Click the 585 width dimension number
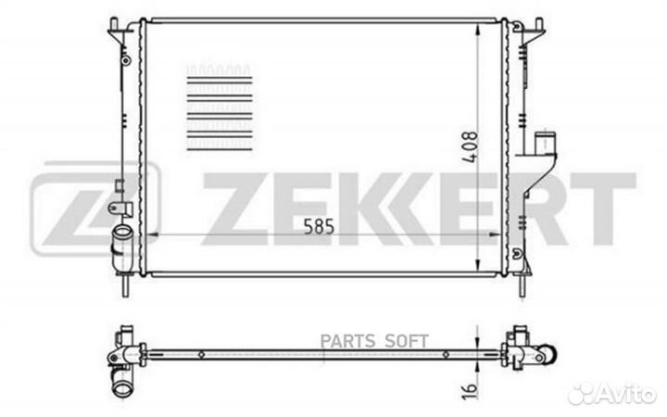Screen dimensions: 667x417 click(319, 226)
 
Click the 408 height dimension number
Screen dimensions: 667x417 click(471, 146)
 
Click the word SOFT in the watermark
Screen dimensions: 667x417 click(407, 341)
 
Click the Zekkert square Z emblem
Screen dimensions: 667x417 click(95, 208)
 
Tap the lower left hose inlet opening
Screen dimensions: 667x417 click(122, 233)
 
